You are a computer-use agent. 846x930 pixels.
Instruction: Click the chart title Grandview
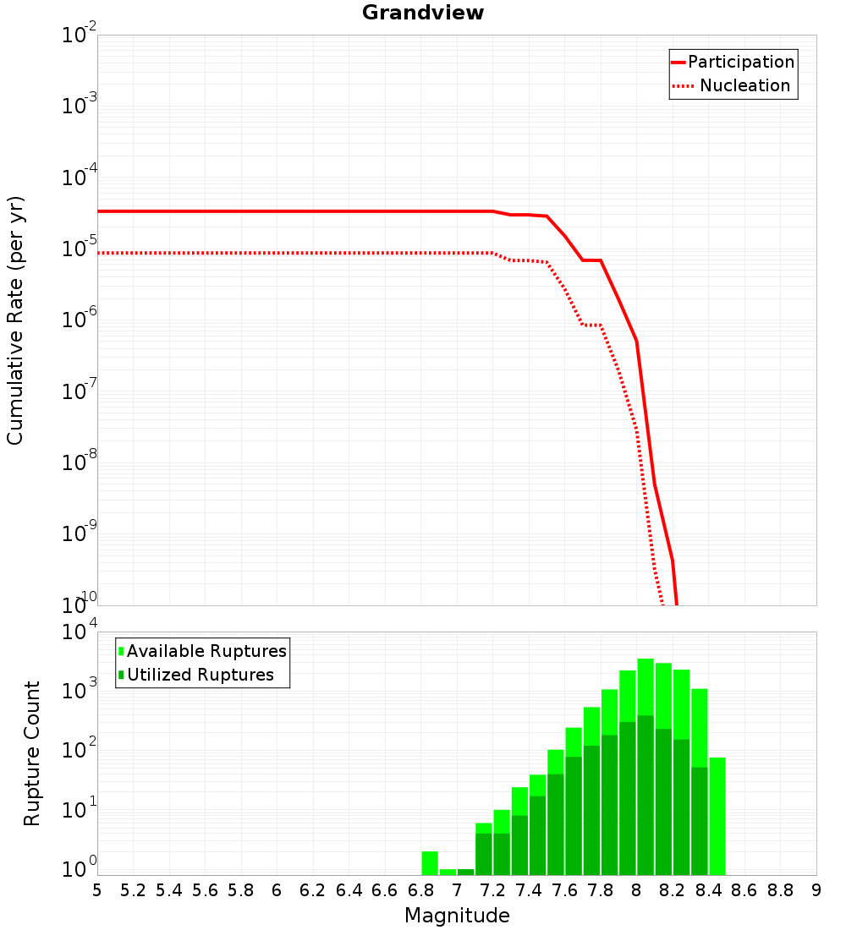click(x=423, y=14)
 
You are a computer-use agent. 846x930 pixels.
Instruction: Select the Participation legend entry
click(x=740, y=62)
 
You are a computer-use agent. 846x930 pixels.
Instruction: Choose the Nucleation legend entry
click(x=744, y=85)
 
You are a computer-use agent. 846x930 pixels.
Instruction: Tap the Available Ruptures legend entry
click(x=206, y=651)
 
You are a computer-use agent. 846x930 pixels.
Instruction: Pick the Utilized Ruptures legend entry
click(x=200, y=675)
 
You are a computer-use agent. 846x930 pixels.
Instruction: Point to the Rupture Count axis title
click(x=32, y=753)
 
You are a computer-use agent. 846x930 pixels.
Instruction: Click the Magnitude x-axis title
click(x=457, y=916)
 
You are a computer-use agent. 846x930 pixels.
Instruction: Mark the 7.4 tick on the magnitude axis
click(x=529, y=889)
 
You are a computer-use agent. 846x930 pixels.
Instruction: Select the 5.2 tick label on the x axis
click(x=134, y=889)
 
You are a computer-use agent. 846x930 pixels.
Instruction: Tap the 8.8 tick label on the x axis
click(x=780, y=889)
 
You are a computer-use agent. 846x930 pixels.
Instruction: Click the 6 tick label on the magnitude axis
click(x=277, y=889)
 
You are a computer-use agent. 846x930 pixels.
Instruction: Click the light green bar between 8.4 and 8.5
click(x=717, y=816)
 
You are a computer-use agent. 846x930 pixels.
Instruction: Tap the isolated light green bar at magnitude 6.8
click(x=430, y=863)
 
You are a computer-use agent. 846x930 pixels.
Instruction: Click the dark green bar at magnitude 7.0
click(x=466, y=872)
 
